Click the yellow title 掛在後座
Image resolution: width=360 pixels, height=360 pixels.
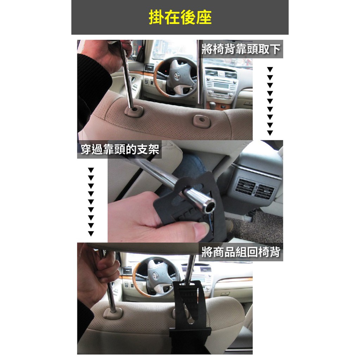coord(180,17)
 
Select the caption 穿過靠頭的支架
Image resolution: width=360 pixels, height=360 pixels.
coord(120,149)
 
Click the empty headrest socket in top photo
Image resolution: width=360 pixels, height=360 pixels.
coord(201,121)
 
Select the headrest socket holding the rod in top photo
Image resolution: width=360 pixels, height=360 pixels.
coord(134,111)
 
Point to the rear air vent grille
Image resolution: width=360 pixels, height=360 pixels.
coord(255,188)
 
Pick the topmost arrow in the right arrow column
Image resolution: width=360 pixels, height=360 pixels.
coord(270,69)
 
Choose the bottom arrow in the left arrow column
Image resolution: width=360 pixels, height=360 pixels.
coord(91,234)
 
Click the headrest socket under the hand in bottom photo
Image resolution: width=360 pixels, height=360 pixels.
coord(113,313)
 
